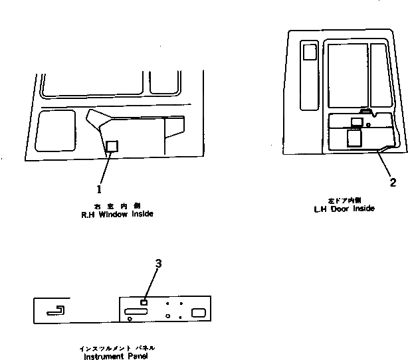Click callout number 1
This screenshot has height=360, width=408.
click(101, 180)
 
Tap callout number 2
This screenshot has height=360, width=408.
click(393, 181)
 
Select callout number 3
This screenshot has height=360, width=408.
click(158, 264)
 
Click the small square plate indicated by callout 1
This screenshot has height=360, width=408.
click(112, 146)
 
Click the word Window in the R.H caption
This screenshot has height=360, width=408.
click(120, 214)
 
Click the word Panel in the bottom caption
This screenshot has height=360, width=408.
click(138, 355)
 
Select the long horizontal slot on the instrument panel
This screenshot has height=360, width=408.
click(136, 312)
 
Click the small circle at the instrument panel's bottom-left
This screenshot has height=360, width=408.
click(130, 319)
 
